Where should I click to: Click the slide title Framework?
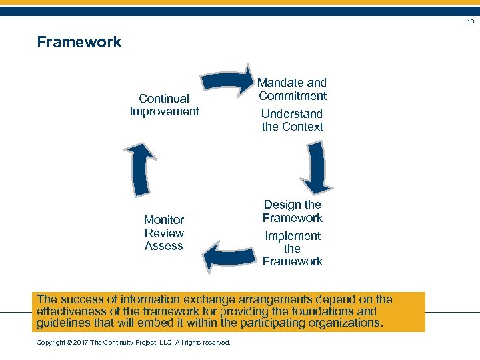pos(79,42)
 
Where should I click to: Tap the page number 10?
pos(470,22)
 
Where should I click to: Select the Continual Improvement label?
pos(164,105)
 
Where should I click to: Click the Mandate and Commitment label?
pos(292,89)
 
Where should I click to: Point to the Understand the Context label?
pos(292,120)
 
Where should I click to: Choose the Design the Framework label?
pos(292,211)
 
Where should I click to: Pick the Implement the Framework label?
pos(292,249)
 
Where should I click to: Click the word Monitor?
pos(164,220)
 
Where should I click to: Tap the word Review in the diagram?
pos(164,233)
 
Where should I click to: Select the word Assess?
pos(164,246)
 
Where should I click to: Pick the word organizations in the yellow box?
pos(340,323)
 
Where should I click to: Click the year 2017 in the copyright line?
pos(79,343)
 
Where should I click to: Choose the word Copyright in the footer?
pos(51,343)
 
